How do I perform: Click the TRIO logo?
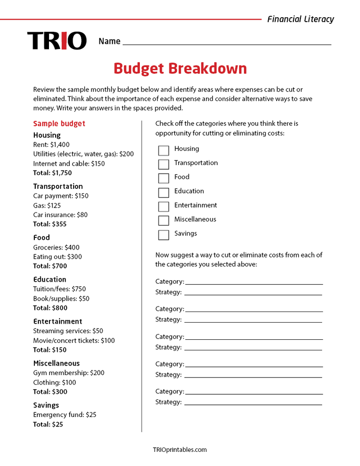[57, 41]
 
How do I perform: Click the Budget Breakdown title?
[180, 69]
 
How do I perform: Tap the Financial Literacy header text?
[300, 19]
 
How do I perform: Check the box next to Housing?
[164, 150]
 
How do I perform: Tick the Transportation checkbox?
[164, 164]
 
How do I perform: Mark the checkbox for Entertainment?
[164, 206]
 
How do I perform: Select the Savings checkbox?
[164, 235]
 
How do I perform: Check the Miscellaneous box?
[164, 221]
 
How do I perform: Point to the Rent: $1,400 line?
[52, 144]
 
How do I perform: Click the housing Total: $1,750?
[53, 173]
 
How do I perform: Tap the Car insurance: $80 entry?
[60, 215]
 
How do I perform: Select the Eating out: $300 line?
[57, 256]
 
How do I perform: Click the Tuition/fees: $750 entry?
[60, 289]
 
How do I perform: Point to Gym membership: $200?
[69, 373]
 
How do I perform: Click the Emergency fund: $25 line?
[65, 415]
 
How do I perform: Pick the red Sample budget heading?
[59, 124]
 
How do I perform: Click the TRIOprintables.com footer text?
[180, 449]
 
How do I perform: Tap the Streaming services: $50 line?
[68, 331]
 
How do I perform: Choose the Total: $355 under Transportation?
[50, 224]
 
